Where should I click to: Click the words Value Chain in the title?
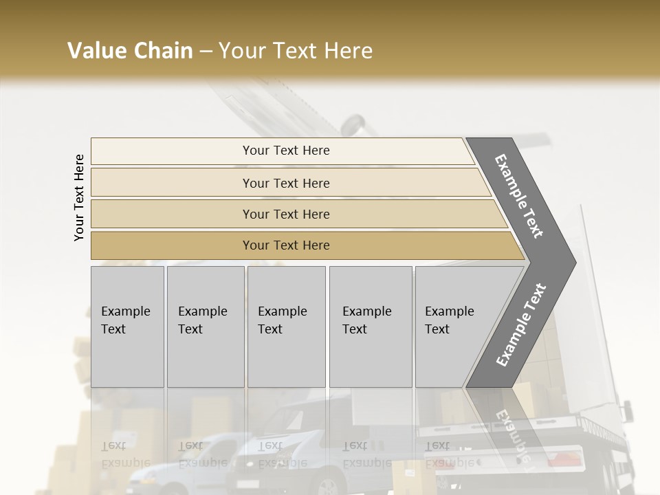click(x=130, y=51)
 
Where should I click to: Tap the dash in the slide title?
click(x=206, y=52)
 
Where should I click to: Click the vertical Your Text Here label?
click(x=79, y=197)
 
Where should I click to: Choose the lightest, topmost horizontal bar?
click(x=286, y=151)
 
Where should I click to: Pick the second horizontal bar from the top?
click(x=286, y=183)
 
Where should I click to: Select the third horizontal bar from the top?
click(x=286, y=214)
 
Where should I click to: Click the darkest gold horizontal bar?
click(x=286, y=245)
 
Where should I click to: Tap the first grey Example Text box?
click(x=127, y=327)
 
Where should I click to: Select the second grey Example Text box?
click(x=205, y=327)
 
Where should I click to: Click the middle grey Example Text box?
click(x=286, y=327)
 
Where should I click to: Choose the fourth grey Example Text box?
click(x=370, y=327)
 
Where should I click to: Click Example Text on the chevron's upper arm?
click(x=520, y=196)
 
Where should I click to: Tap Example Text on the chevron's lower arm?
click(x=520, y=324)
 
